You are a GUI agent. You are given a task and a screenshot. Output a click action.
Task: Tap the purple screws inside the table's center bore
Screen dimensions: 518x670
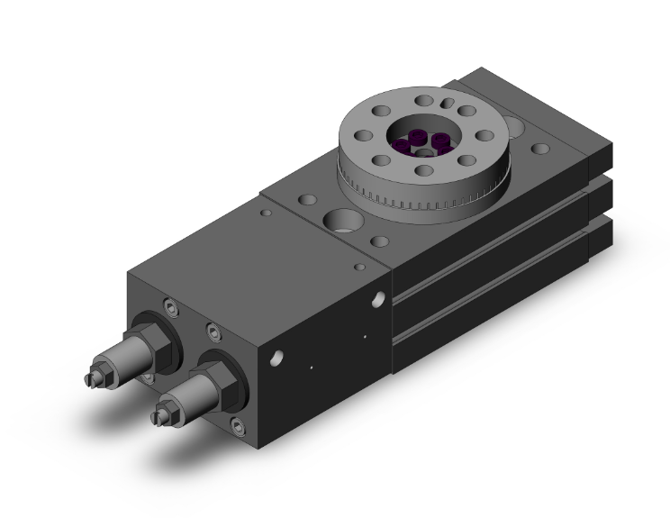(x=428, y=141)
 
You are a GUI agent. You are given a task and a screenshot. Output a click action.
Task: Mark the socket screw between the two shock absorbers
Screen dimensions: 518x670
(x=213, y=332)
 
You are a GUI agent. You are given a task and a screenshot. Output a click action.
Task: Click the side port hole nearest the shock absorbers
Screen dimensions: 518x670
(x=276, y=358)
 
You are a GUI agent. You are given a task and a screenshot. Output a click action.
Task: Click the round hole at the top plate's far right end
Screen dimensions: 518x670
(x=541, y=148)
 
